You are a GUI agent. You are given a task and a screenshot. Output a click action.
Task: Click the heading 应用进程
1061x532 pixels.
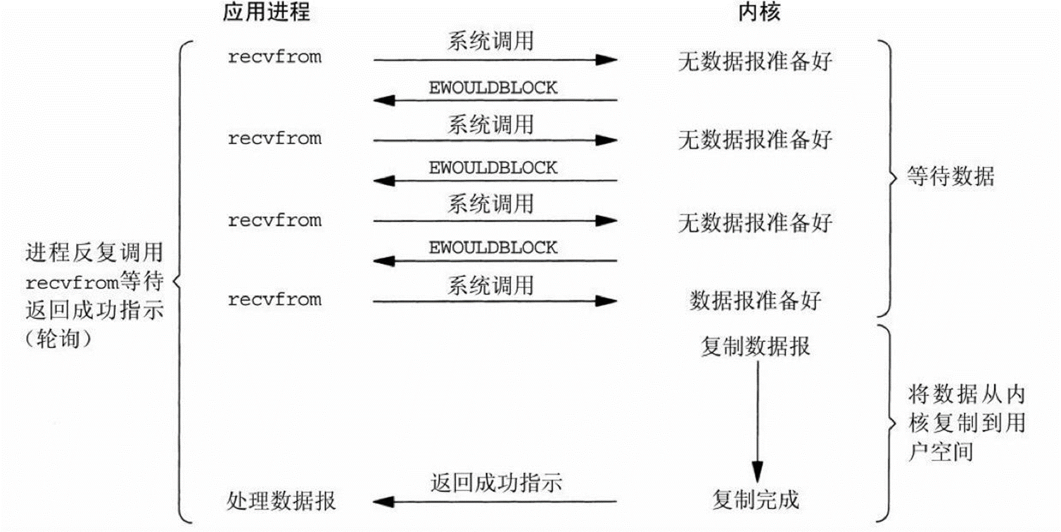tap(266, 12)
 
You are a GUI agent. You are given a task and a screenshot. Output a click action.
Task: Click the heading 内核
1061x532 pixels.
tap(759, 12)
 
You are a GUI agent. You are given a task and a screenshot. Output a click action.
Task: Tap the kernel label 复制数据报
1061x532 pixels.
tap(755, 346)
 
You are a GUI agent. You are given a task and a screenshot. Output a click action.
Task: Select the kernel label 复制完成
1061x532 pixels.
tap(755, 500)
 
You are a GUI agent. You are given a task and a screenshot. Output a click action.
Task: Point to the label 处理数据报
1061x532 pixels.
tap(281, 501)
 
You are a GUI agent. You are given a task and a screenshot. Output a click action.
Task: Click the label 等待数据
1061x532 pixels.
tap(950, 176)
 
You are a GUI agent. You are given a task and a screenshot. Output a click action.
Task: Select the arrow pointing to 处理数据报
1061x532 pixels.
tap(494, 502)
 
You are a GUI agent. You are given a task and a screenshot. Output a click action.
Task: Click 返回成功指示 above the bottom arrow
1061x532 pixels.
tap(496, 483)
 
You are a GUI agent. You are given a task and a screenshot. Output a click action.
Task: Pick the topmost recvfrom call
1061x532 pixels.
tap(274, 57)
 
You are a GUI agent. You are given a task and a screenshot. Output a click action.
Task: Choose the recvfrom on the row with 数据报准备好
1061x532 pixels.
tap(274, 300)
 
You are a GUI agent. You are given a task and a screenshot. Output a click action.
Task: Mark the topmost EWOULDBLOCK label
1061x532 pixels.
tap(493, 87)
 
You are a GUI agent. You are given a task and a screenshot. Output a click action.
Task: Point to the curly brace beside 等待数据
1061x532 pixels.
tap(888, 178)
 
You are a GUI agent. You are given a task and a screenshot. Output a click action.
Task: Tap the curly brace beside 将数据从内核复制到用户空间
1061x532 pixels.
tap(888, 423)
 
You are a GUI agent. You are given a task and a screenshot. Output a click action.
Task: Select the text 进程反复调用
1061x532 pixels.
tap(94, 252)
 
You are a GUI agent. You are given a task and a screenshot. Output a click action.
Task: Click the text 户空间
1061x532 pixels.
tap(940, 452)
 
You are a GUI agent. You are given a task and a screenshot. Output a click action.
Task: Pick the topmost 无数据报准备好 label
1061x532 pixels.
tap(754, 61)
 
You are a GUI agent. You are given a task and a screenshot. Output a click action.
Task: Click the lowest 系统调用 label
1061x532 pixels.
tap(490, 286)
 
